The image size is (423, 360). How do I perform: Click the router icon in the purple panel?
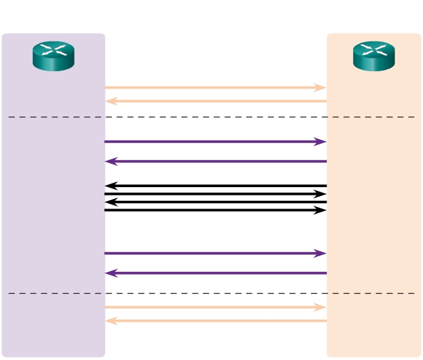coord(54,56)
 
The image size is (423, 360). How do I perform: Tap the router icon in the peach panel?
coord(374,56)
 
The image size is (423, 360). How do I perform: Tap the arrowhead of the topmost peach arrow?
coord(321,87)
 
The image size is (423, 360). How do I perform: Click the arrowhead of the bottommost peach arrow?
coord(111,321)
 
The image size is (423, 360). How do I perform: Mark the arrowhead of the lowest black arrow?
coord(321,210)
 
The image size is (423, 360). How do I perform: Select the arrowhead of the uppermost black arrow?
coord(111,186)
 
